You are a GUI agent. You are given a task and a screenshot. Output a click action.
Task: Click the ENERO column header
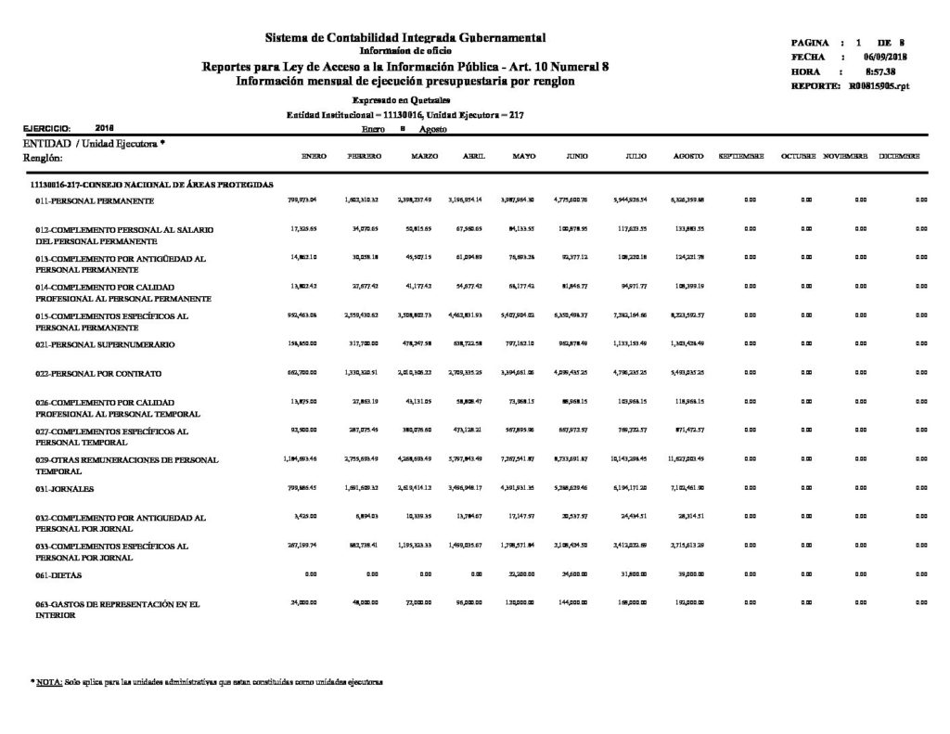(x=315, y=156)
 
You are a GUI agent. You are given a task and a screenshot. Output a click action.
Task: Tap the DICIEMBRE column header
(x=899, y=156)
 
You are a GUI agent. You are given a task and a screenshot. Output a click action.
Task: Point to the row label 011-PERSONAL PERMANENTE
(x=89, y=200)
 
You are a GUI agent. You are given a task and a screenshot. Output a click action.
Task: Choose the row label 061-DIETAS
(x=58, y=576)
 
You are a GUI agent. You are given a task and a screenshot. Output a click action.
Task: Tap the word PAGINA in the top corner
(x=810, y=44)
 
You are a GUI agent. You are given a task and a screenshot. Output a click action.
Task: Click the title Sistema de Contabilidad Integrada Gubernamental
(x=405, y=37)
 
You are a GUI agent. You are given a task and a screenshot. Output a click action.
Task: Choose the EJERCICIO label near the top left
(x=46, y=128)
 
